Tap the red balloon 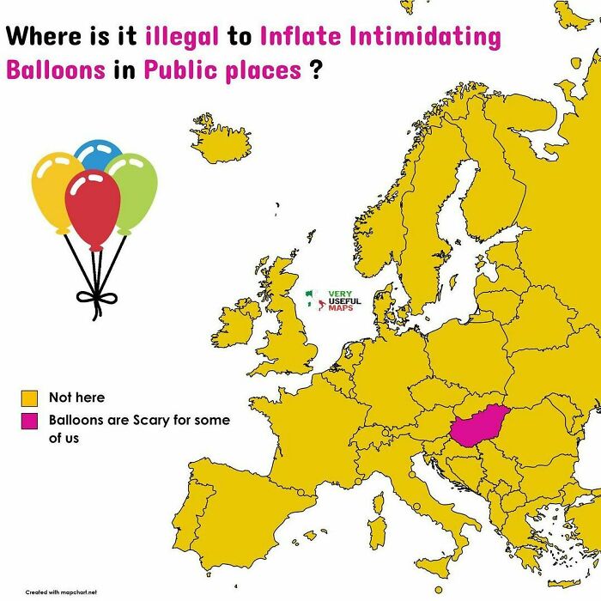coord(92,206)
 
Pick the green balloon coord(134,191)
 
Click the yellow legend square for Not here coord(30,398)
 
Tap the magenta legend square coord(30,422)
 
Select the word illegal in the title coord(182,38)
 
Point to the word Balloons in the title coord(54,70)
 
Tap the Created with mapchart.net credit coord(61,592)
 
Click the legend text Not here coord(76,398)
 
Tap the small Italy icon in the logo coord(313,300)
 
